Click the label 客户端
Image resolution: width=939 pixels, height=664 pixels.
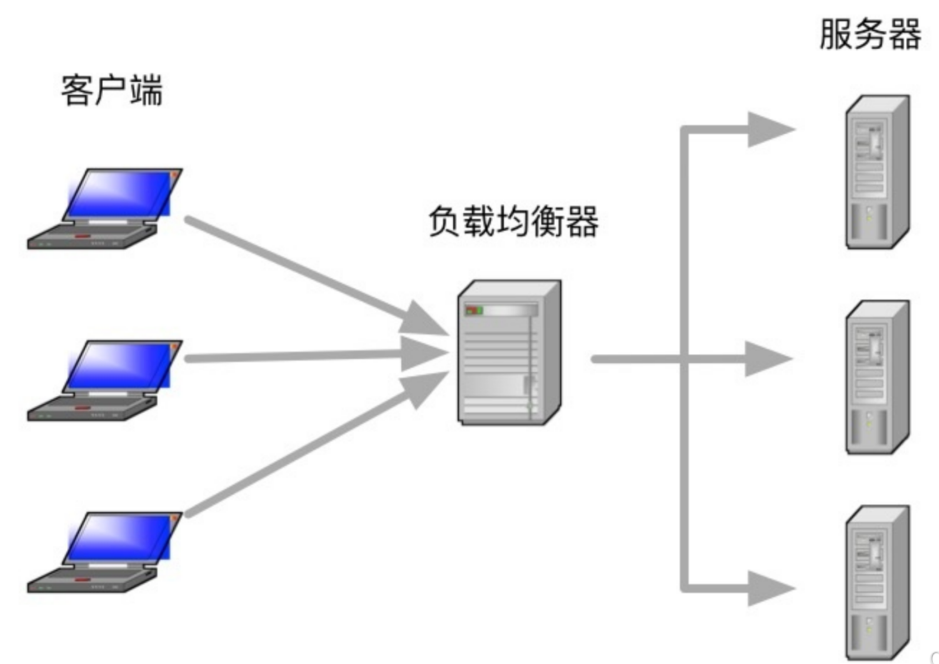[x=111, y=91]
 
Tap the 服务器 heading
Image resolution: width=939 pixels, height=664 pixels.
[x=870, y=34]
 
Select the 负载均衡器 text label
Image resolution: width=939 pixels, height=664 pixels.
[x=513, y=221]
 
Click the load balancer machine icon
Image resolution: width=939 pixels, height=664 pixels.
[x=509, y=353]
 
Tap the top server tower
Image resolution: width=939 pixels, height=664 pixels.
[x=876, y=172]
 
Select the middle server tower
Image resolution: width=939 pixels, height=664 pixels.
[x=876, y=377]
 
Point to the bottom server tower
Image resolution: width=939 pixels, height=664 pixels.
[x=876, y=582]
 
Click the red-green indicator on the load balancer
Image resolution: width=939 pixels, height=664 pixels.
[x=474, y=310]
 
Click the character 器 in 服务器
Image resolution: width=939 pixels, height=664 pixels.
[x=905, y=34]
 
